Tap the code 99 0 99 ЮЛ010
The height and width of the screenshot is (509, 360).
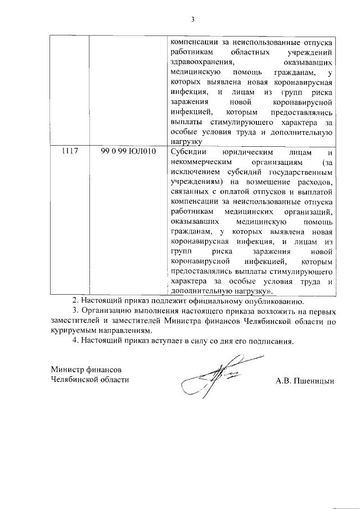tap(129, 151)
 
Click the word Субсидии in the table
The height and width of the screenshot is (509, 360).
tap(188, 151)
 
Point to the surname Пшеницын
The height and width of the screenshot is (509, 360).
tap(314, 380)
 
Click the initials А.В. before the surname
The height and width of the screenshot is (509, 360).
tap(283, 380)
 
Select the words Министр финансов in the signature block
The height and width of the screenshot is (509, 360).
tap(85, 370)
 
